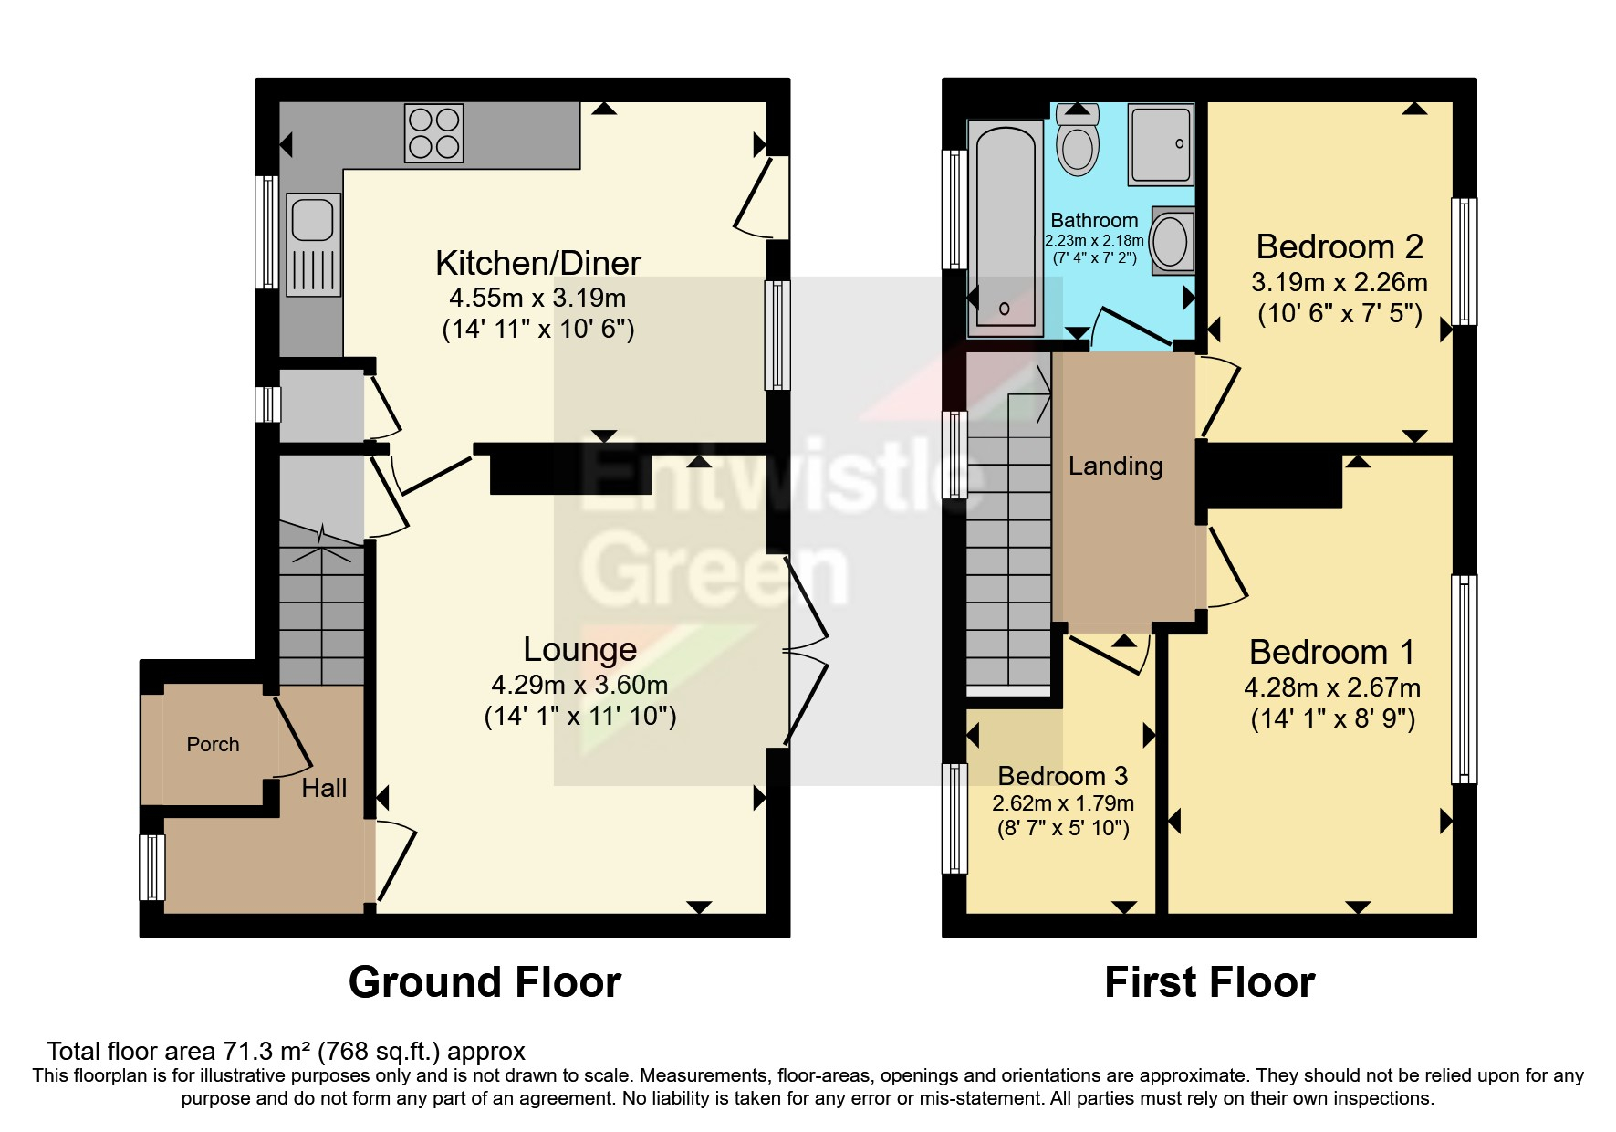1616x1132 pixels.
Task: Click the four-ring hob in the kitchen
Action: (434, 133)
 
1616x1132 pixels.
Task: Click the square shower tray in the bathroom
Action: (1160, 144)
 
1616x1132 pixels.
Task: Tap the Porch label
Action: (213, 744)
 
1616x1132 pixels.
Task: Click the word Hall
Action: (324, 788)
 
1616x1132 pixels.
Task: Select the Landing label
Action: (1115, 466)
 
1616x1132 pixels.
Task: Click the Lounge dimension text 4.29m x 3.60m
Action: (579, 685)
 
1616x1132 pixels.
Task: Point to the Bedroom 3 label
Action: (1062, 776)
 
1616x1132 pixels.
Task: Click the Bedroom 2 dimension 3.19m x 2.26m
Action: (1339, 282)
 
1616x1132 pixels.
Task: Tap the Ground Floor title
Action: (485, 982)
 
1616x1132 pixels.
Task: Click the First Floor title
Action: (1209, 982)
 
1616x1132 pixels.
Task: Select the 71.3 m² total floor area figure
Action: (265, 1052)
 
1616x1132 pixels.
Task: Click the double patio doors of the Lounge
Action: (805, 650)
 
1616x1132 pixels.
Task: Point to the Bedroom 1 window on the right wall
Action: (1463, 678)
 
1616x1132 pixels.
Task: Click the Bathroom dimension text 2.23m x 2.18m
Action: (1094, 240)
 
